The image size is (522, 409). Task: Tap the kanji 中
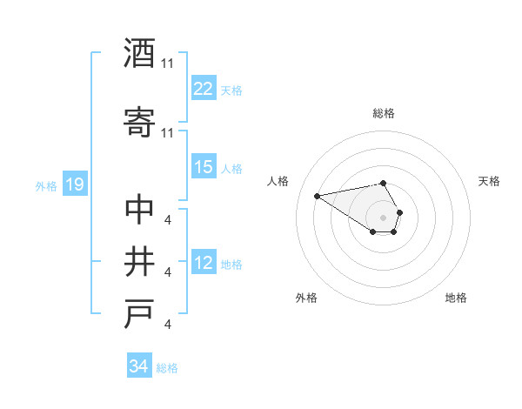(x=139, y=210)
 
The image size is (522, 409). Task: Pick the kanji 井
(x=139, y=261)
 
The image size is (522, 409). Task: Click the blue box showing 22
(x=203, y=89)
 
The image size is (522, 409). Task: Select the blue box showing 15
(x=203, y=167)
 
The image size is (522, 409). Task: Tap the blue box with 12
(x=203, y=263)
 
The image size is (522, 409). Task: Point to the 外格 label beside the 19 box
(x=46, y=185)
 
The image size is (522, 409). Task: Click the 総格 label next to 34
(x=167, y=368)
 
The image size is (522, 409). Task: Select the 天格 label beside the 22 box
(x=231, y=90)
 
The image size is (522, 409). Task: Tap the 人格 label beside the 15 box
(x=231, y=168)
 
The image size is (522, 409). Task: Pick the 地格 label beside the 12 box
(x=231, y=264)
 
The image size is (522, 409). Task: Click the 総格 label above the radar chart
(x=383, y=113)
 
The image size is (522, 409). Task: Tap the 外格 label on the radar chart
(x=306, y=298)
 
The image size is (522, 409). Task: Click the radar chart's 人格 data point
(x=317, y=195)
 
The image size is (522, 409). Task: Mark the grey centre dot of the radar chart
(x=383, y=217)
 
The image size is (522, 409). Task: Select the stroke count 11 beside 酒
(x=168, y=63)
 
